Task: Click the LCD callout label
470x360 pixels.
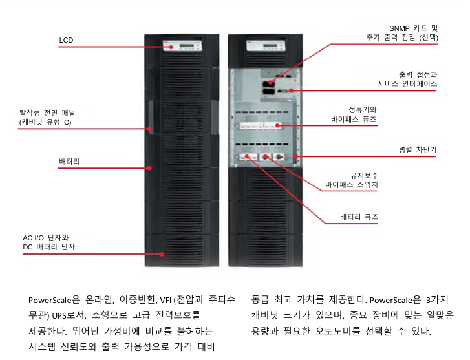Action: point(66,40)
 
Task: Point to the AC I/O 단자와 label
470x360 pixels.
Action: point(46,238)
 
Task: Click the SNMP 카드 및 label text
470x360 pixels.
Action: point(413,28)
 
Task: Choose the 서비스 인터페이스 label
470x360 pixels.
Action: point(408,84)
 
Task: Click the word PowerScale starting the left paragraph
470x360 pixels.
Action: point(54,300)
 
